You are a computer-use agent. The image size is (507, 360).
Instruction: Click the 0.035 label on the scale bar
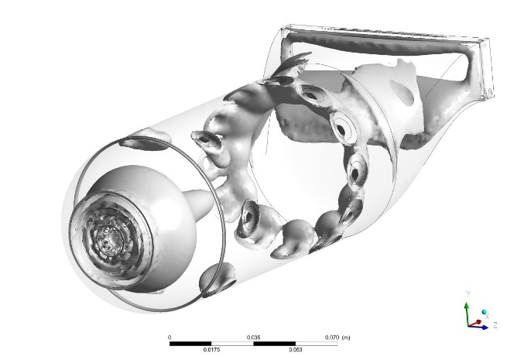point(253,338)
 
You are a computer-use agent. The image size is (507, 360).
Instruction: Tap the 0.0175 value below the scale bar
point(211,350)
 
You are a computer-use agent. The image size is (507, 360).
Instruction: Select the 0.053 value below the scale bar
point(295,350)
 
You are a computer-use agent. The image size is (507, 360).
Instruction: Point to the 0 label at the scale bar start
point(170,338)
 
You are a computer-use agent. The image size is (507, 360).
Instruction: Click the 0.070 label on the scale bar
point(331,338)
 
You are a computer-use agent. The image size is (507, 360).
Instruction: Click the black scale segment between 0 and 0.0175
point(190,343)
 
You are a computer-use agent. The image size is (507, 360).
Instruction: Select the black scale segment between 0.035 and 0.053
point(274,343)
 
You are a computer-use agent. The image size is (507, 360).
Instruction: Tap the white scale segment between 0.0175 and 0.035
point(232,343)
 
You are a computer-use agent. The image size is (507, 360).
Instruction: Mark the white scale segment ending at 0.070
point(316,343)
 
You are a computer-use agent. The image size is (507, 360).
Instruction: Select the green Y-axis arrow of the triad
point(466,310)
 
